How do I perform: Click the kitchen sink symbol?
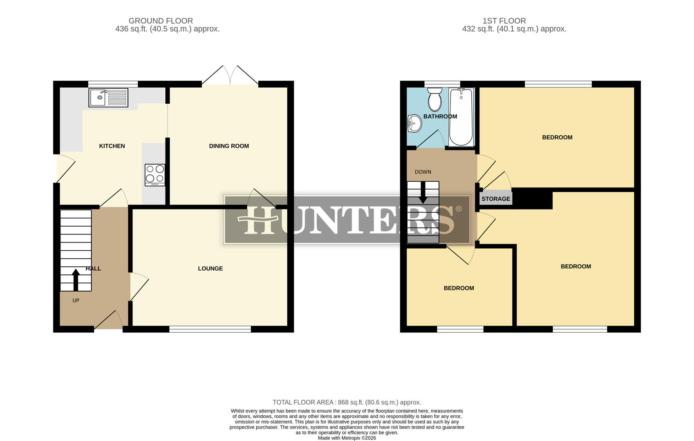click(x=108, y=98)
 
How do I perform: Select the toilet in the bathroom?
click(x=434, y=100)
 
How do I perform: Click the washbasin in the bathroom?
click(x=414, y=123)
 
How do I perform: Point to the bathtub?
click(x=461, y=117)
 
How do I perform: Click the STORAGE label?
click(x=495, y=199)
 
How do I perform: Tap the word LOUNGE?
click(x=210, y=268)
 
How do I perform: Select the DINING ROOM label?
click(x=228, y=146)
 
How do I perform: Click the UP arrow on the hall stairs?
click(x=76, y=280)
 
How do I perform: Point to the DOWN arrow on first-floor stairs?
click(x=423, y=192)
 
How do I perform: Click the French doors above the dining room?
click(x=231, y=76)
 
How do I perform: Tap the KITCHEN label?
click(x=112, y=146)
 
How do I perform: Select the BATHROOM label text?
click(x=440, y=116)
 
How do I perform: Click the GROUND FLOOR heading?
click(x=161, y=20)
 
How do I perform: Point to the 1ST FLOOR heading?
click(x=504, y=20)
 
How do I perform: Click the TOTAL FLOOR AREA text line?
click(x=347, y=402)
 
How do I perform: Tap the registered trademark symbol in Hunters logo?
click(x=458, y=209)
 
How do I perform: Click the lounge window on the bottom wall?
click(x=210, y=329)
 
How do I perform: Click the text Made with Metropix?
click(x=347, y=438)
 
